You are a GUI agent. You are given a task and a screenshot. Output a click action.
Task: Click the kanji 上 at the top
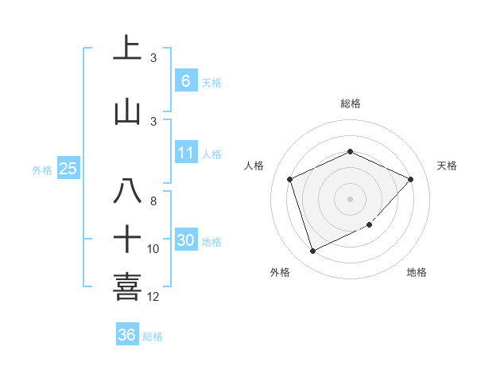127,48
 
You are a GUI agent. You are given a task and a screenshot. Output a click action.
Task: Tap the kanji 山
127,111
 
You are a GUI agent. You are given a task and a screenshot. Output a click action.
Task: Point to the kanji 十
127,238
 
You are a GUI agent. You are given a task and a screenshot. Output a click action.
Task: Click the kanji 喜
127,286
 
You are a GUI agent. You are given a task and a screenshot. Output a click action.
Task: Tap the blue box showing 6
185,80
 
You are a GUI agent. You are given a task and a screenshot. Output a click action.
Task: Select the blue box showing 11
185,153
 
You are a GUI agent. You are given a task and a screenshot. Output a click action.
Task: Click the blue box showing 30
185,240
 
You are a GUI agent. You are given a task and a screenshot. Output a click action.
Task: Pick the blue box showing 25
68,168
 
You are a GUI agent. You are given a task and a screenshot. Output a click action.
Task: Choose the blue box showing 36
127,335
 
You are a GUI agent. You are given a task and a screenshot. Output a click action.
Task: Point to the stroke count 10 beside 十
153,249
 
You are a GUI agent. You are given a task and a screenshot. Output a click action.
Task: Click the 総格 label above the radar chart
350,103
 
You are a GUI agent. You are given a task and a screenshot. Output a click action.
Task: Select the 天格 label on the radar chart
448,166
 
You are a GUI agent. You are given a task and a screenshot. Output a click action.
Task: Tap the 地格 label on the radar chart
417,272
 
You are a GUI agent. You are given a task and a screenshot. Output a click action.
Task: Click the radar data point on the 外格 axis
312,251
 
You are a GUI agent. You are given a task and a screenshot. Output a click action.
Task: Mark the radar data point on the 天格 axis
410,179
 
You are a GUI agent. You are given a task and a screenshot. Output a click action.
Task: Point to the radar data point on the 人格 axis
290,179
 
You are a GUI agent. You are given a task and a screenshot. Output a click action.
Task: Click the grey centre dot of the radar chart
350,198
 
